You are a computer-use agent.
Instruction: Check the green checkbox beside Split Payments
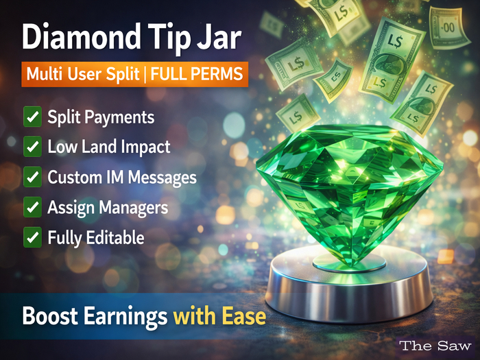click(32, 117)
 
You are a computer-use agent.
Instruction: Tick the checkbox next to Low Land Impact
click(32, 147)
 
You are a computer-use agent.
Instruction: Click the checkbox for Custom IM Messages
click(32, 177)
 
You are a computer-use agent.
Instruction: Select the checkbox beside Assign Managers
click(32, 207)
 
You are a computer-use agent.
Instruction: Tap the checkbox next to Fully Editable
click(32, 237)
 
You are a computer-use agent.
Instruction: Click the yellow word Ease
click(241, 317)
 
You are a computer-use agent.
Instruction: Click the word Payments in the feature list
click(119, 117)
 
